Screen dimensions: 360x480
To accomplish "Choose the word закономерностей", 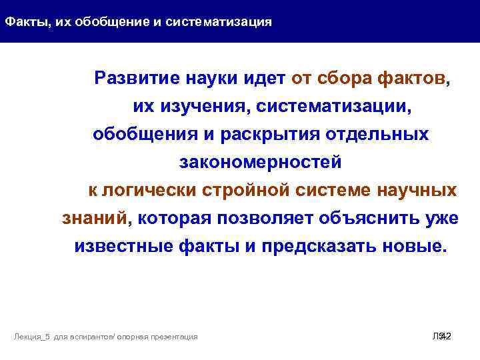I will (x=260, y=162).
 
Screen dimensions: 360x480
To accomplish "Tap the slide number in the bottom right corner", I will (x=441, y=337).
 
